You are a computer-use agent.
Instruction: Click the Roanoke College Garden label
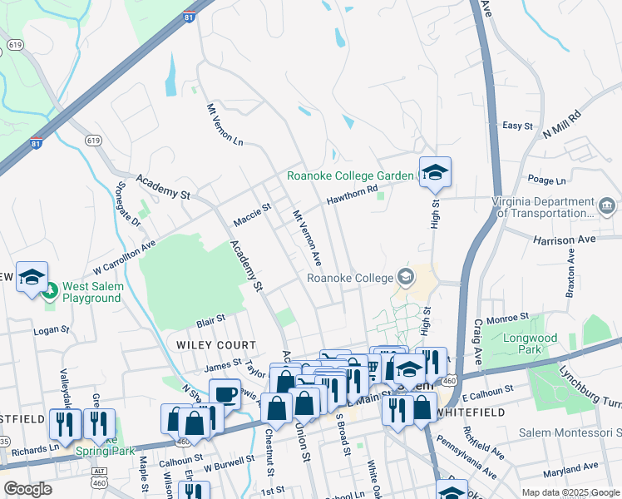(349, 175)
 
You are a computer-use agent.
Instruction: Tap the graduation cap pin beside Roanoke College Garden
(435, 173)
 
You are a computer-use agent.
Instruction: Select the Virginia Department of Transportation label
(545, 206)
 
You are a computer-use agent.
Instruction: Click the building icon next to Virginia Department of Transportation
(607, 205)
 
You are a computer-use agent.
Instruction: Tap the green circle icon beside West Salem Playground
(50, 291)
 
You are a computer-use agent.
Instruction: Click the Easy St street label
(517, 126)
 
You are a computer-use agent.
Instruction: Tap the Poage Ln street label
(545, 180)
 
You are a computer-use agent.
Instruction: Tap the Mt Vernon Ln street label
(224, 126)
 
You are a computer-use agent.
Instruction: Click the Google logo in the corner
(27, 489)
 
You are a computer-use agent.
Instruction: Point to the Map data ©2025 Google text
(570, 492)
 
